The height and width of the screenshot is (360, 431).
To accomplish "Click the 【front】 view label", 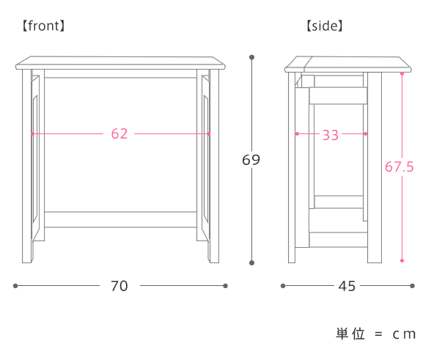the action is (x=43, y=26).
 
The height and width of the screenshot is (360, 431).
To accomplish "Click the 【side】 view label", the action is (x=325, y=26).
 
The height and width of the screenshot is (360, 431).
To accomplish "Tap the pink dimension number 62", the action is (x=119, y=134).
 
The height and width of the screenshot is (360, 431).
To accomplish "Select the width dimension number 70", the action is (x=119, y=286).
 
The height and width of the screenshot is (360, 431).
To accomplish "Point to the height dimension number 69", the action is (x=251, y=160).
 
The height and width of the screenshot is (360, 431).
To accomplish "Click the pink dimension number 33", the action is (x=331, y=135).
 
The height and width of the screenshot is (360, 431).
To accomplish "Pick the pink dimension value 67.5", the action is (x=399, y=166).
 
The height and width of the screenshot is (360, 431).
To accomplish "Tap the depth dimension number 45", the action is (x=347, y=286).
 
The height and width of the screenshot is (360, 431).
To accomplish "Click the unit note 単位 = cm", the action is (x=375, y=334).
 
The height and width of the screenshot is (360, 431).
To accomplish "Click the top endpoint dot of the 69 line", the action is (x=251, y=57).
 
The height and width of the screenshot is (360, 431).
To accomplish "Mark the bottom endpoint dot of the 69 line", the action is (x=251, y=263).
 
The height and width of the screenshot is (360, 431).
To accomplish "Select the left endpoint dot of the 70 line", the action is (x=15, y=286).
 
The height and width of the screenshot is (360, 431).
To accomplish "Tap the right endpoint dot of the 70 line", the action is (x=226, y=286).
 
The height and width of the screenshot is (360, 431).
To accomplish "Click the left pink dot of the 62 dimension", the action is (x=32, y=133).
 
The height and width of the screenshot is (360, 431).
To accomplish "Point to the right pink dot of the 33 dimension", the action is (x=365, y=133).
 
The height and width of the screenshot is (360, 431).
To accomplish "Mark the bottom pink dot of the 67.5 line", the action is (x=402, y=260).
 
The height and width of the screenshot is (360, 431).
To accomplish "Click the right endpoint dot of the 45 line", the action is (x=412, y=286).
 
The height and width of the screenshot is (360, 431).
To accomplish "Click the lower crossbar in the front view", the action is (x=120, y=219).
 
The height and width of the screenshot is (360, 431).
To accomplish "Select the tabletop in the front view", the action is (x=120, y=63).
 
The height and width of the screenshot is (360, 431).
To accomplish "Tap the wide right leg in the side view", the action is (x=375, y=167).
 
